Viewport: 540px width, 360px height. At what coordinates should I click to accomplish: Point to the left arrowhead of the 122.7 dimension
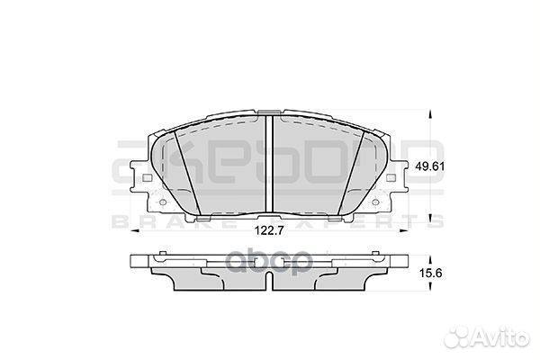[138, 232]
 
